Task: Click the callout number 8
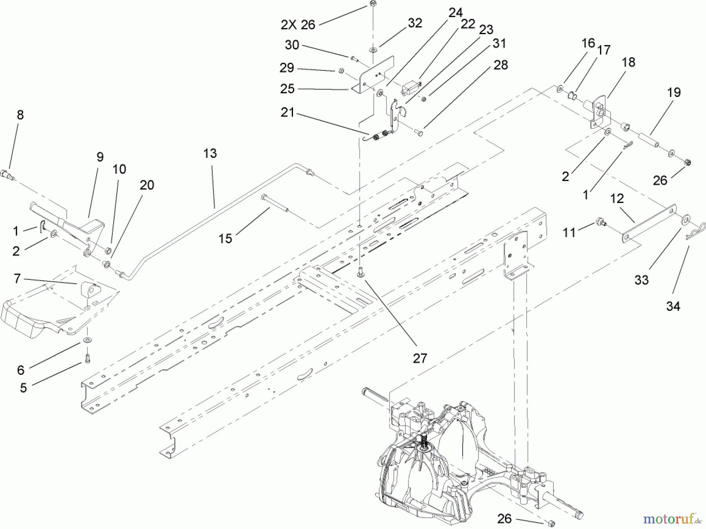click(20, 115)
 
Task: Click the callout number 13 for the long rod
click(210, 153)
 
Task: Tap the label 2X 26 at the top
click(298, 25)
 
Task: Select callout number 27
click(420, 358)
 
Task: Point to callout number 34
click(673, 306)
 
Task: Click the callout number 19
click(674, 93)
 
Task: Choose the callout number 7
click(17, 279)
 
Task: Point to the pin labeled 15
click(275, 203)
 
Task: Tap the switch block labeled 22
click(409, 88)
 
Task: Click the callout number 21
click(287, 113)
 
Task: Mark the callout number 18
click(628, 62)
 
